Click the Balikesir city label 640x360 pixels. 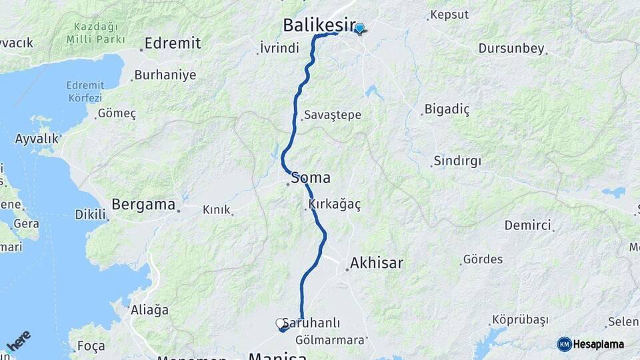click(x=318, y=25)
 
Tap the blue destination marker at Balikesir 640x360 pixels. click(x=360, y=29)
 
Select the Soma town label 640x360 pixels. click(x=311, y=178)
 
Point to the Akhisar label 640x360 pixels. click(x=377, y=263)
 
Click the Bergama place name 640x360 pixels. click(x=143, y=205)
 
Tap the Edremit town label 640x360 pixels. click(x=172, y=43)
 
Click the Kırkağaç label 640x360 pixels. click(x=335, y=205)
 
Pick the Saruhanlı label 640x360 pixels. click(x=311, y=323)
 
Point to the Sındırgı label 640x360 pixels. click(x=457, y=161)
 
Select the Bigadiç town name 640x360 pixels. click(x=447, y=110)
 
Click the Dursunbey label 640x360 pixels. click(x=511, y=49)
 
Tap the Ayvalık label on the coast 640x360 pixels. click(x=37, y=139)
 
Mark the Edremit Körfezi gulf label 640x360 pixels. click(x=85, y=91)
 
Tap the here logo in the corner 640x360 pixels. click(x=19, y=340)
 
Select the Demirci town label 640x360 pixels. click(x=528, y=225)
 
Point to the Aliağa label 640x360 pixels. click(x=151, y=310)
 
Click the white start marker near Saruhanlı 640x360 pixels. click(x=281, y=323)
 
